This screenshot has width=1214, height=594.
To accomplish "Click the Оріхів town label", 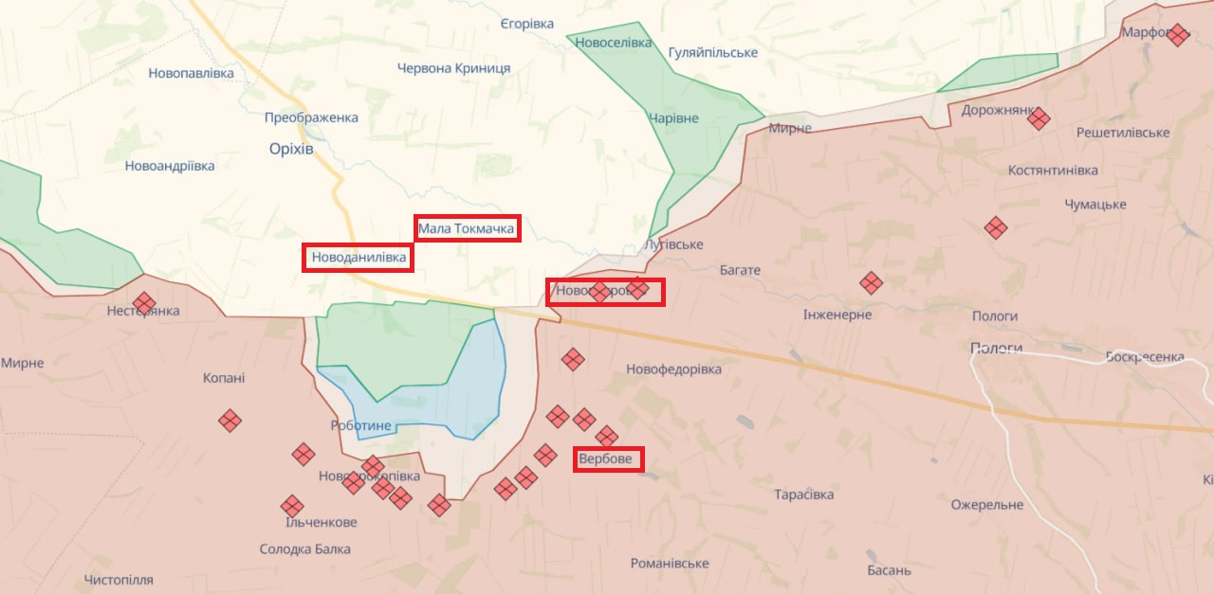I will (291, 149).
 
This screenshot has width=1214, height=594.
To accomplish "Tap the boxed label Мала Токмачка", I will (467, 228).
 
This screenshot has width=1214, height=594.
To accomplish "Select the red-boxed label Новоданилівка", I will (359, 258).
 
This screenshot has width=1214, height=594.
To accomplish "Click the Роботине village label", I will (360, 425).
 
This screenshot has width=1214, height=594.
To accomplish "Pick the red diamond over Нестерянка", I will (144, 302).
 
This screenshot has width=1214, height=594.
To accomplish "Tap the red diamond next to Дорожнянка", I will (1039, 118).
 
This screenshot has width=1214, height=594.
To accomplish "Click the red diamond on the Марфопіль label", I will (1178, 35).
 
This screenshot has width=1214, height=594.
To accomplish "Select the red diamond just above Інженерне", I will (871, 282).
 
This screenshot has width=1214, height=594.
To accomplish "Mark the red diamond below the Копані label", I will (230, 421).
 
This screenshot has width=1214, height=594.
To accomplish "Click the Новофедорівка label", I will (673, 369).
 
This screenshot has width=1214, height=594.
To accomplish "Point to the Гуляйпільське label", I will (712, 52).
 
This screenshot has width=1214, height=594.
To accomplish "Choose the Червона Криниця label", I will (453, 68).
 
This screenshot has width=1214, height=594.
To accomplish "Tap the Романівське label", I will (670, 564).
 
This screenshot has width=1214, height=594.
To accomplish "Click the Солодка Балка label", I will (304, 549).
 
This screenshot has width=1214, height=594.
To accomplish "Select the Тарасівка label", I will (803, 495).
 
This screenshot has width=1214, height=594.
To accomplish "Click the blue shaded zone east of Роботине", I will (465, 388).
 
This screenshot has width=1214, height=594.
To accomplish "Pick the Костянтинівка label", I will (1053, 171).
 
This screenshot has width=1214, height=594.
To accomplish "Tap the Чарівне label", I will (673, 118).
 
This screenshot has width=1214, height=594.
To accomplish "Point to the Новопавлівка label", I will (191, 73).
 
